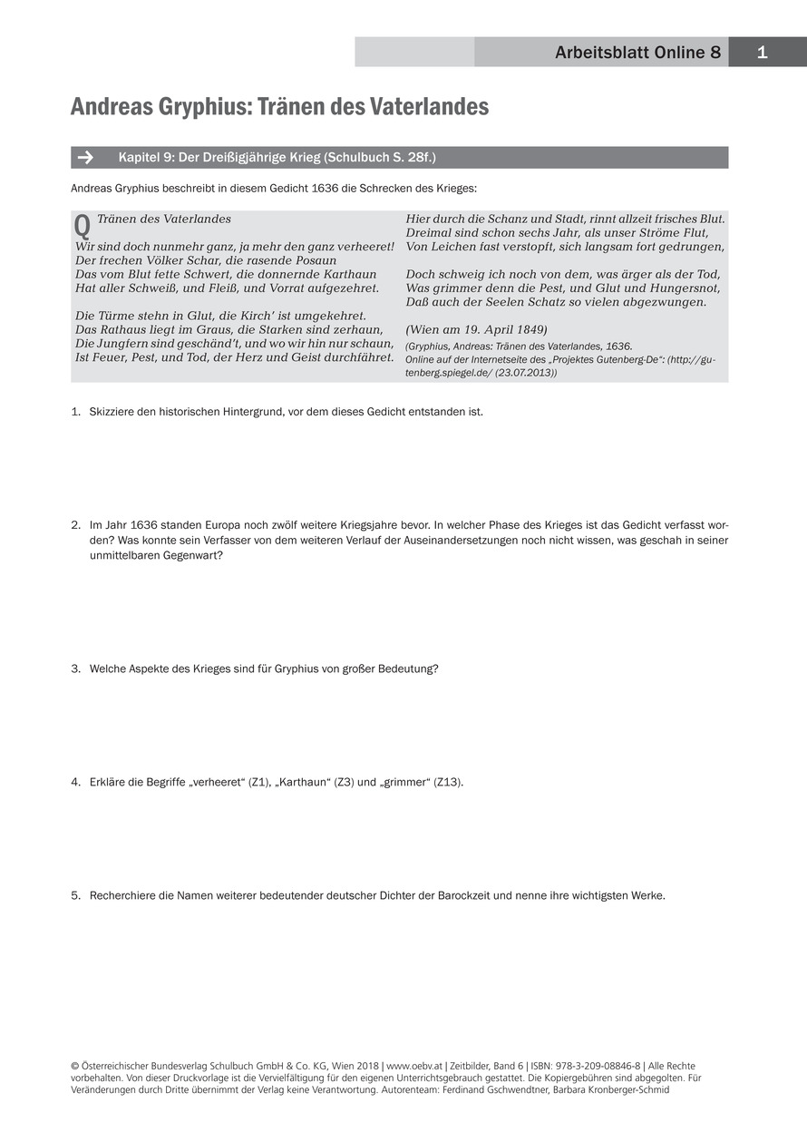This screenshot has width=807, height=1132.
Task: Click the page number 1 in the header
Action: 762,53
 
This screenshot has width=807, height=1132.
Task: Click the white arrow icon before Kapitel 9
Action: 85,158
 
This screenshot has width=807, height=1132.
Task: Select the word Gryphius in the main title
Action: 203,107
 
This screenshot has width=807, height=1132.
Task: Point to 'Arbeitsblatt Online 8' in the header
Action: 637,53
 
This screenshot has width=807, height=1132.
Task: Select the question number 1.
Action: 75,412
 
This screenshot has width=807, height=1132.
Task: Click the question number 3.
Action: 75,668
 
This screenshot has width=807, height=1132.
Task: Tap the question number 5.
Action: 75,895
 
